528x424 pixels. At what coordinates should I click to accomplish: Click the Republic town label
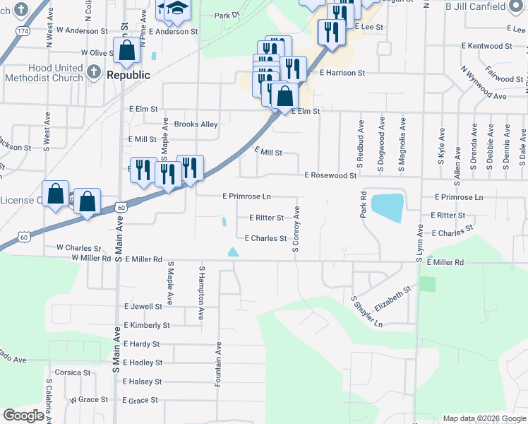[128, 75]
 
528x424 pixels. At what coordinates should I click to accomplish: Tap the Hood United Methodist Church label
[43, 73]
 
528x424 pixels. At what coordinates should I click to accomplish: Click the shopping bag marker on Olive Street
[127, 51]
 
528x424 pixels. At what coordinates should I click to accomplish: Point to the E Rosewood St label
[330, 175]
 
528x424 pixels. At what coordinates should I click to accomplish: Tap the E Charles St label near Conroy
[265, 239]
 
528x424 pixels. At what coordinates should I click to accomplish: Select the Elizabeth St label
[392, 299]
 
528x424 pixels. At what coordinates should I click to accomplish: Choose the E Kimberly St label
[146, 326]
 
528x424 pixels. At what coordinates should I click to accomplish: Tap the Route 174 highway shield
[24, 32]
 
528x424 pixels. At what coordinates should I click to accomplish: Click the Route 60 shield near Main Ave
[121, 207]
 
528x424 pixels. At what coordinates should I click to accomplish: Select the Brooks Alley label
[196, 124]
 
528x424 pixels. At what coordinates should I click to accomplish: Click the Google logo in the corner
[23, 415]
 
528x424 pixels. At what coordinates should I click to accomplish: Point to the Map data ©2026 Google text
[484, 418]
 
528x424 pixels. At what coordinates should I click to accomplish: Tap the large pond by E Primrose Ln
[387, 207]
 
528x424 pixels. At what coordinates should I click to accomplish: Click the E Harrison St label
[342, 73]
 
